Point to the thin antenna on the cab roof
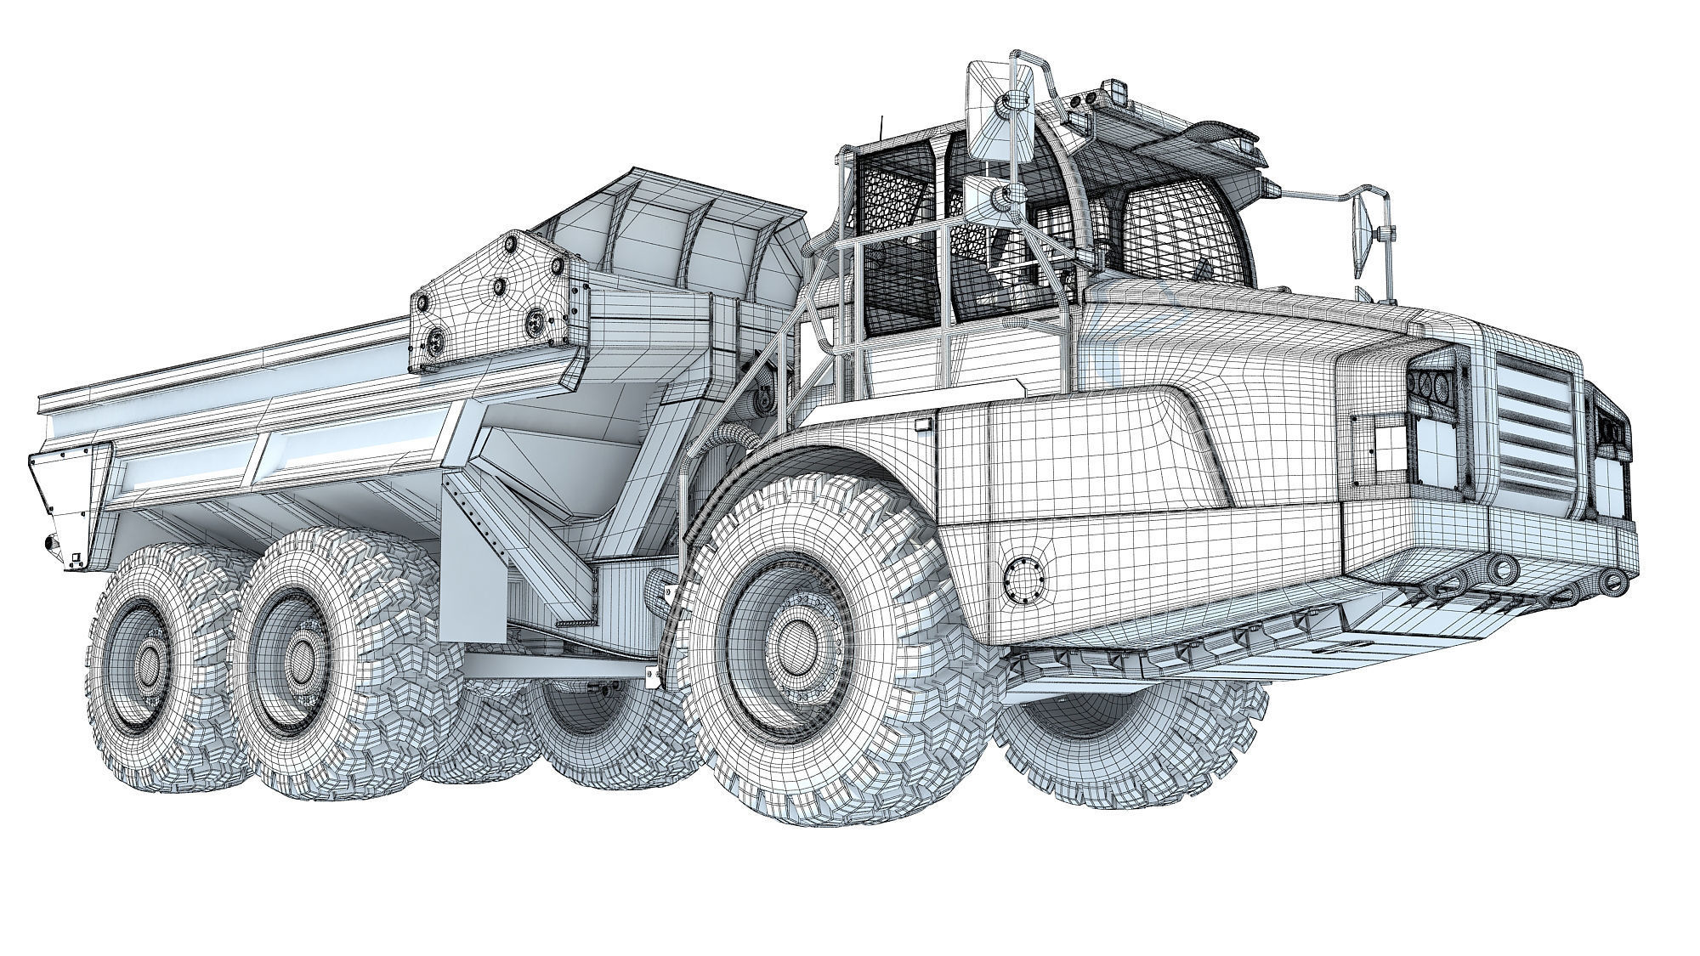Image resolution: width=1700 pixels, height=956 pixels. pos(881,128)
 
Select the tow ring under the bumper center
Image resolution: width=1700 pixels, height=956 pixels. pos(1500,569)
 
